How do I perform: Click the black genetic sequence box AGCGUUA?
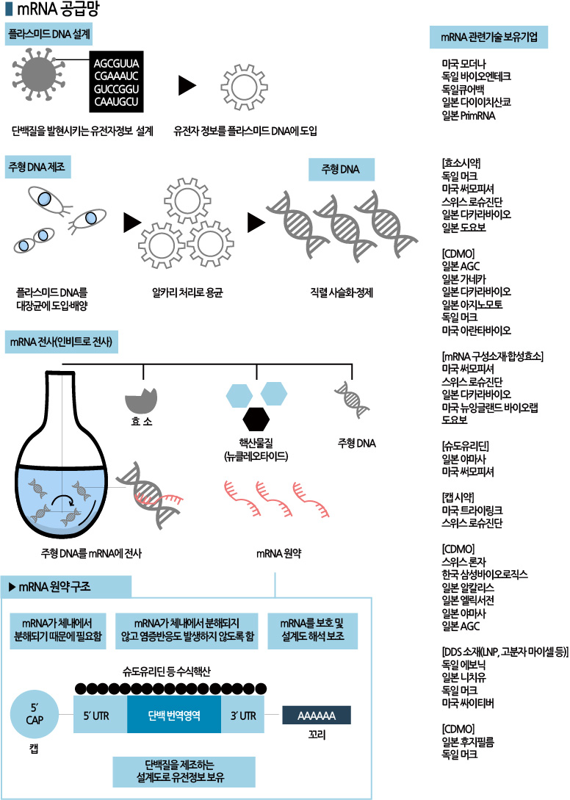117,82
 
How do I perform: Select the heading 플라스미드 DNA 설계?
50,35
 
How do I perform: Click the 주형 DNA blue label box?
340,170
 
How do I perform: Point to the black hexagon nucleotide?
256,419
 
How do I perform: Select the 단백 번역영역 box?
173,713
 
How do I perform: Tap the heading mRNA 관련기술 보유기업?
488,36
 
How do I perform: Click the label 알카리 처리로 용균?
187,292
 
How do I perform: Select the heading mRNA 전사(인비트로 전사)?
62,342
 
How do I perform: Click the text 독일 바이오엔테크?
476,76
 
